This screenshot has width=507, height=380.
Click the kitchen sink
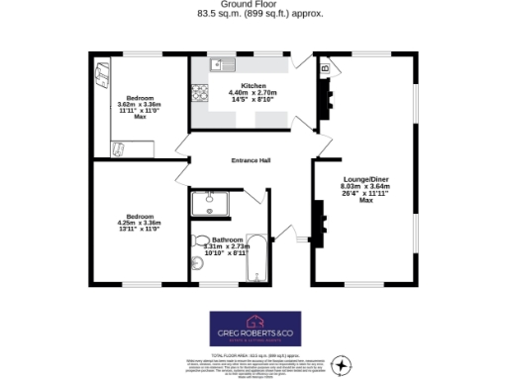219,66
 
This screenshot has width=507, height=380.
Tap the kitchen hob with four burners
198,95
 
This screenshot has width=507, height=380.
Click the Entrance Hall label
251,161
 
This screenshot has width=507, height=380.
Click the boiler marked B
324,70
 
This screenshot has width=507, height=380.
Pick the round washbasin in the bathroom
202,240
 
